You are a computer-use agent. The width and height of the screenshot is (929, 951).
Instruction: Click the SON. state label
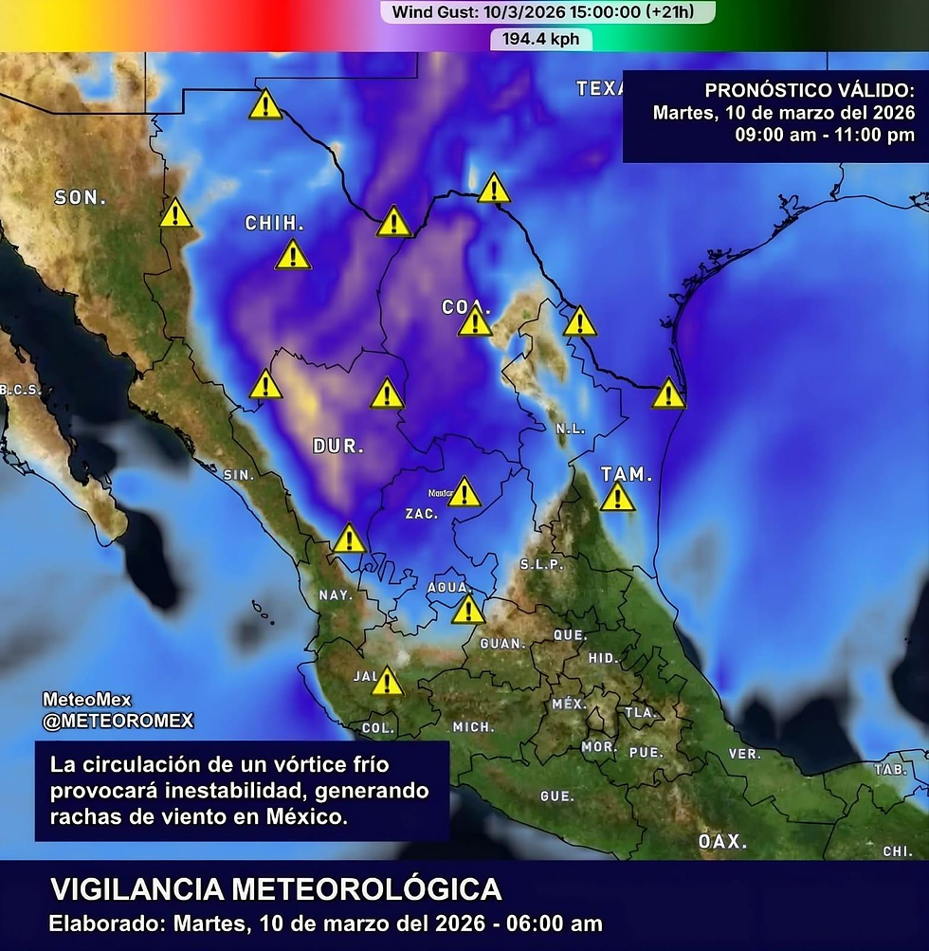(x=81, y=197)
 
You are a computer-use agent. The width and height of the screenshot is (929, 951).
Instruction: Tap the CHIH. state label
(x=274, y=224)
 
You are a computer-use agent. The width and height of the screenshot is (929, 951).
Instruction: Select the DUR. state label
(x=338, y=446)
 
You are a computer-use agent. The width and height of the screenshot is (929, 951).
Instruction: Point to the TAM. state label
(x=627, y=474)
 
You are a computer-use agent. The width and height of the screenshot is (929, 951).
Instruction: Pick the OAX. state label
(x=723, y=841)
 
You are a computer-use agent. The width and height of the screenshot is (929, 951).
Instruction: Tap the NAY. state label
(x=336, y=595)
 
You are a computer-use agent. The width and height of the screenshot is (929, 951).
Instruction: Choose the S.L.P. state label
(x=541, y=564)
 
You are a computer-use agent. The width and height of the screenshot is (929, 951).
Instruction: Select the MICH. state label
(x=473, y=727)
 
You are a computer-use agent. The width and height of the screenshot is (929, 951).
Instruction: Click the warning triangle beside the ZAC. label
(x=464, y=492)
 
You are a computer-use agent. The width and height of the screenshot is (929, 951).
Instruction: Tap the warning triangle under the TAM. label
(x=617, y=497)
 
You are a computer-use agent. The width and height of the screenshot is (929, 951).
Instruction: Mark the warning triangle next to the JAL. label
(x=387, y=682)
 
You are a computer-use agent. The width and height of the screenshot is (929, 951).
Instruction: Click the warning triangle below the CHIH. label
(x=293, y=255)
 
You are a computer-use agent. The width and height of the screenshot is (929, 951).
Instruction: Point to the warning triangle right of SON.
(x=175, y=213)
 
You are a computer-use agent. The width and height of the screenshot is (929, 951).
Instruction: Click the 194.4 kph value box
(x=541, y=40)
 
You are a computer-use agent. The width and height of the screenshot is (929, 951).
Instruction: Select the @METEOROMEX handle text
(x=118, y=721)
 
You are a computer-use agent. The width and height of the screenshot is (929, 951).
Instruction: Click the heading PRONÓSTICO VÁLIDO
(x=810, y=91)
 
